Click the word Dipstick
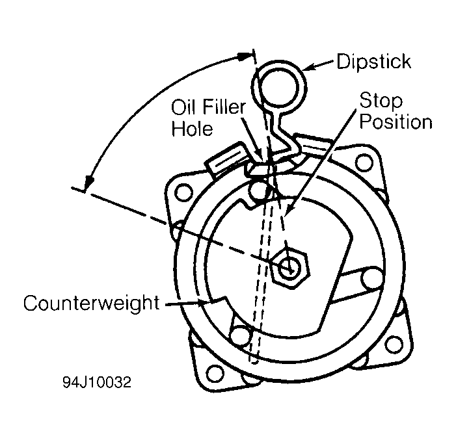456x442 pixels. (x=373, y=62)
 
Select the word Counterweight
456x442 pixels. (x=92, y=303)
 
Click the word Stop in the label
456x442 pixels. (x=381, y=101)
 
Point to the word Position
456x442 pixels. (x=396, y=122)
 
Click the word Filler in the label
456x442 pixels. (x=224, y=107)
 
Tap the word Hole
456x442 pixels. (x=193, y=128)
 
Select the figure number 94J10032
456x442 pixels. (x=97, y=382)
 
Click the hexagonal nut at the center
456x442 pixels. (x=289, y=268)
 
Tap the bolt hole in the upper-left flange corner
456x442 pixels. (x=183, y=192)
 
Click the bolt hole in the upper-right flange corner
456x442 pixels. (x=364, y=163)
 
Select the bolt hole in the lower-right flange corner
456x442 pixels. (x=394, y=344)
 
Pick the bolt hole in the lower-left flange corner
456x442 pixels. (x=215, y=373)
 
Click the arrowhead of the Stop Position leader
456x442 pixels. (x=289, y=209)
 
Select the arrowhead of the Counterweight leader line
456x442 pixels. (x=202, y=302)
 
